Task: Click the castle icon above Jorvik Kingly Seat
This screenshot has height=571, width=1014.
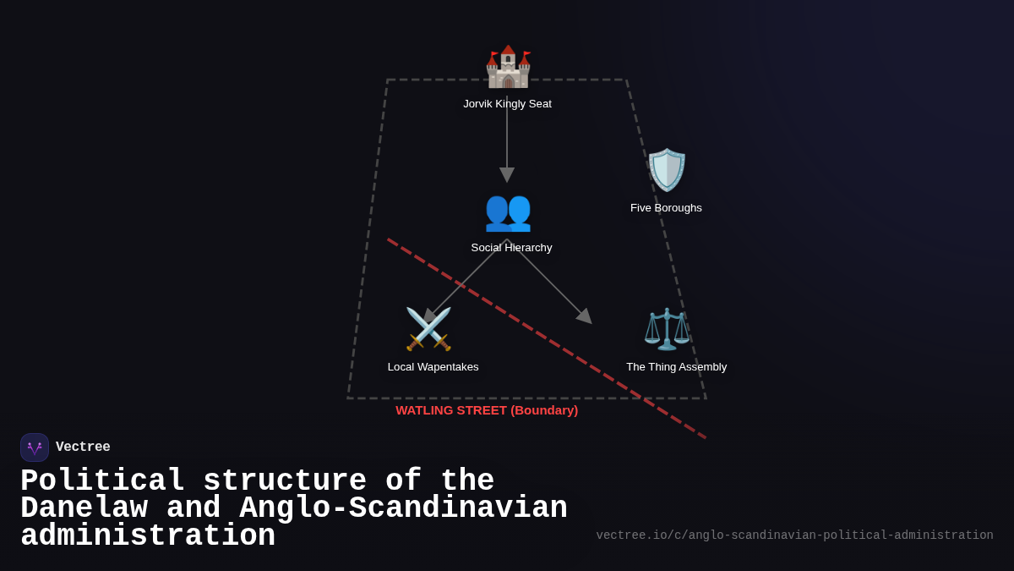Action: click(x=507, y=67)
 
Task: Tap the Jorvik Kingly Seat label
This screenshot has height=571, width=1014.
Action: click(x=507, y=104)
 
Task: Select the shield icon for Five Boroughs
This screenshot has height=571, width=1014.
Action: click(x=667, y=170)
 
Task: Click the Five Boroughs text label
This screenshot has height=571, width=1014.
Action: click(x=666, y=208)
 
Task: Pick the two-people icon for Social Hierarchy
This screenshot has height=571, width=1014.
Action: click(x=507, y=211)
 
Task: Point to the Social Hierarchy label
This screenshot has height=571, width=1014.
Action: click(x=511, y=248)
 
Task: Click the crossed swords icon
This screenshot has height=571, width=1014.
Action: click(x=428, y=328)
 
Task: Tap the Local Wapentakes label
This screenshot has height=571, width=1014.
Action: click(x=433, y=367)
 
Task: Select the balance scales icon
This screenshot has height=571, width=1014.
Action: click(x=667, y=328)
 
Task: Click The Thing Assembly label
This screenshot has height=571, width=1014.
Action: click(x=676, y=367)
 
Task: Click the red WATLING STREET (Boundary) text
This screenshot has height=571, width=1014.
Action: click(x=487, y=410)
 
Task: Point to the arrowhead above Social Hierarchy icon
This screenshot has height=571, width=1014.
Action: click(x=507, y=174)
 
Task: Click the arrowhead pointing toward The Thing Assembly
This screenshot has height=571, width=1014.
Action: click(x=584, y=316)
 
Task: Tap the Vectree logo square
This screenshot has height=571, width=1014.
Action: click(x=35, y=447)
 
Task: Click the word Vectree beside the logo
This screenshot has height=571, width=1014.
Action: click(x=83, y=447)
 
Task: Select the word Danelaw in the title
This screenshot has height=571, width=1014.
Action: click(x=84, y=508)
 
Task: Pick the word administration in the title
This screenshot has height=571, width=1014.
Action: click(x=148, y=536)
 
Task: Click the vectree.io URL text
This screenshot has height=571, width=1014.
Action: click(x=794, y=535)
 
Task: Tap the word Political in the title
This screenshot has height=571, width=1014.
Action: click(x=102, y=481)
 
